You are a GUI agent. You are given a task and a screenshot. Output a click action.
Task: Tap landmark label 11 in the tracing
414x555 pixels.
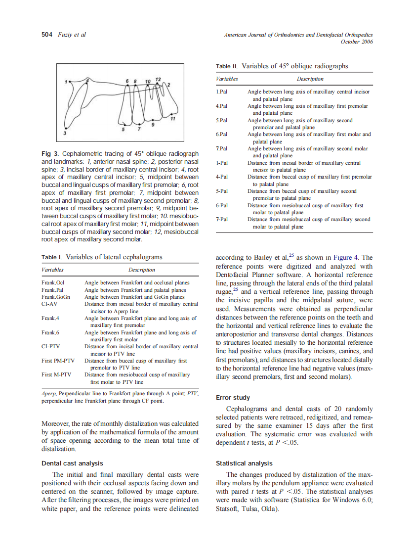point(172,119)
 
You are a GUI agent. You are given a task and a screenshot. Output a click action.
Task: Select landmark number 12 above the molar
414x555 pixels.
point(158,79)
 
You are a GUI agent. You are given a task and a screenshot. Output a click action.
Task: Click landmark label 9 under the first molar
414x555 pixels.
point(153,125)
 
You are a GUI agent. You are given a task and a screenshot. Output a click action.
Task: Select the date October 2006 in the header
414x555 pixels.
point(357,42)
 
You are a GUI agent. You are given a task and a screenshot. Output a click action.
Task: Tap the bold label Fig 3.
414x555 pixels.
point(50,154)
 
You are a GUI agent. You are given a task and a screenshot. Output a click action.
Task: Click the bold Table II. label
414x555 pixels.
point(227,66)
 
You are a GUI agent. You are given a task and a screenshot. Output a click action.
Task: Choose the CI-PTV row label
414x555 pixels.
point(51,346)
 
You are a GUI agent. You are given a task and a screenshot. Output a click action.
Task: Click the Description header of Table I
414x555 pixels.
point(141,270)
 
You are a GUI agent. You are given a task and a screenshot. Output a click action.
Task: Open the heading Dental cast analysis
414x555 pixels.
point(72,463)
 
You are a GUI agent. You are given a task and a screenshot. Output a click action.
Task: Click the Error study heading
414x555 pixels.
point(233,397)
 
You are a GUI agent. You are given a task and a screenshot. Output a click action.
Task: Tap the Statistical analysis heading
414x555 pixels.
point(244,463)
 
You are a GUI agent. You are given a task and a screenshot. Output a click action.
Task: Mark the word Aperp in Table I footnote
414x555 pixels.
point(48,394)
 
